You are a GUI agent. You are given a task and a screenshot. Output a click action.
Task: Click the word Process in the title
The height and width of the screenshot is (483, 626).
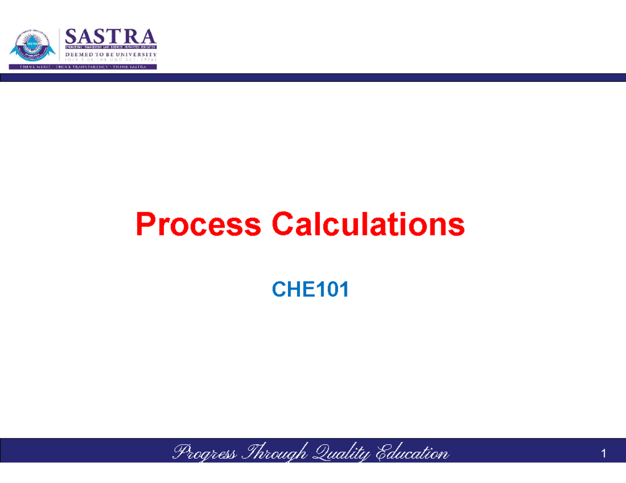(x=198, y=225)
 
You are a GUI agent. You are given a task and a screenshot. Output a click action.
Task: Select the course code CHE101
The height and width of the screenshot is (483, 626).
(x=310, y=290)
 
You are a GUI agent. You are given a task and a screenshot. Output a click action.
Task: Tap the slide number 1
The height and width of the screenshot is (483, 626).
(x=604, y=454)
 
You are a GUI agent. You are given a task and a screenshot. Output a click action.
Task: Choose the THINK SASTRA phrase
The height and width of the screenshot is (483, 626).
(x=133, y=67)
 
